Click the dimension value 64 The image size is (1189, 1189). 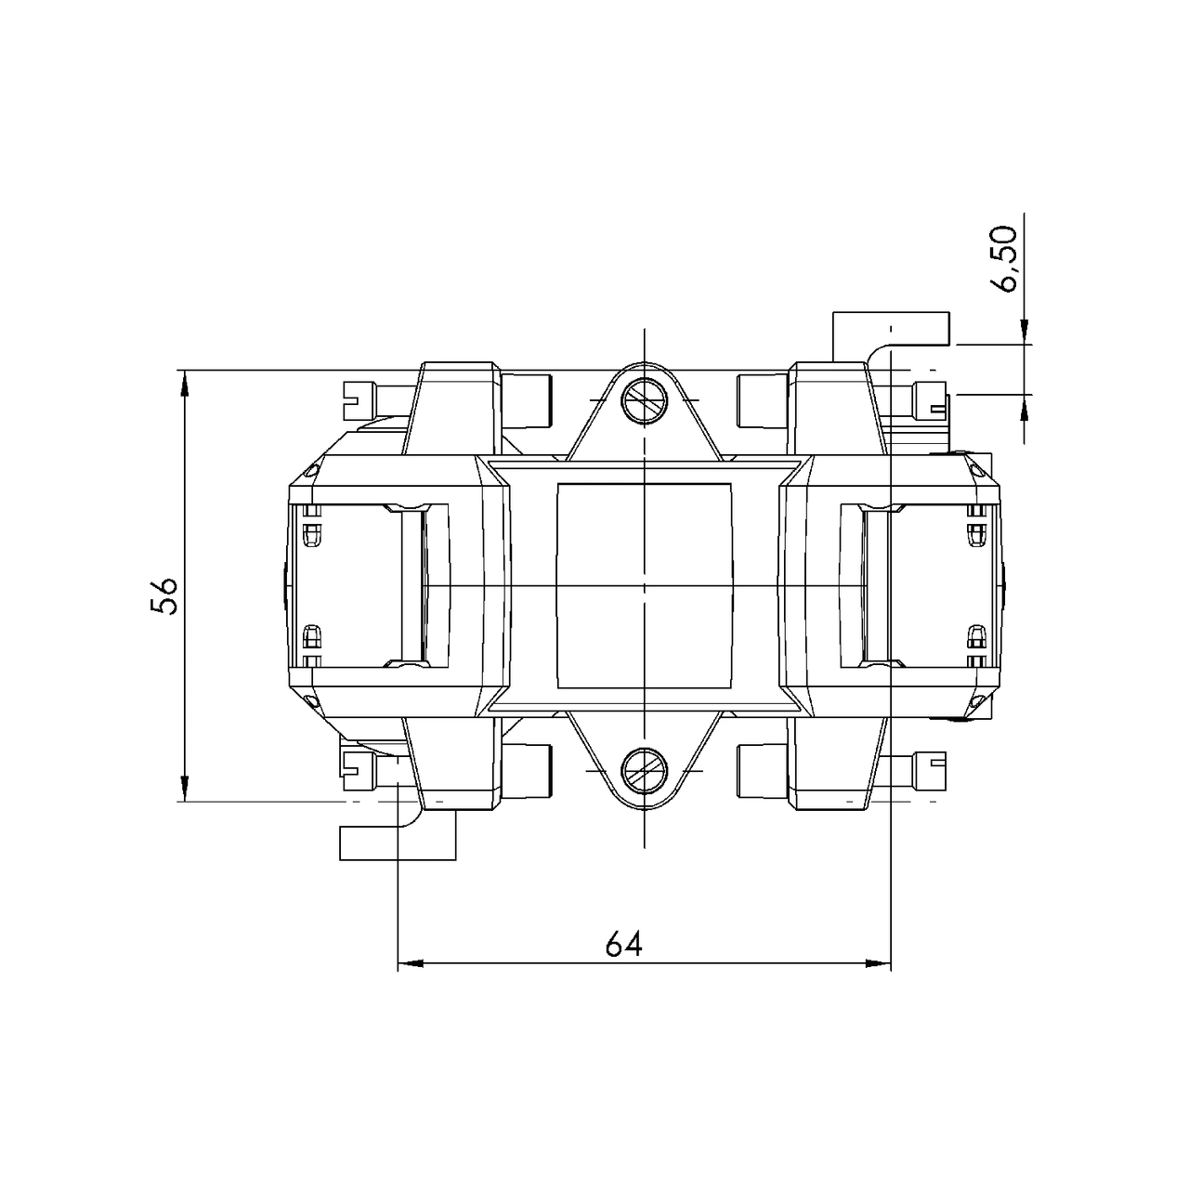point(623,944)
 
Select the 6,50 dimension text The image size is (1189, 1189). point(1005,258)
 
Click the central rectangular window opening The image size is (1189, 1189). point(643,585)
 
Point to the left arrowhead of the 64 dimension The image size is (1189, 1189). point(410,963)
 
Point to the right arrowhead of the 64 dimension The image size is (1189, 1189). point(879,963)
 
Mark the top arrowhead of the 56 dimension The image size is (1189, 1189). point(185,382)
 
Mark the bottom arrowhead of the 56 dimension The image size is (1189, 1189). point(185,789)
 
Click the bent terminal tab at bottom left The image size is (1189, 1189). point(398,840)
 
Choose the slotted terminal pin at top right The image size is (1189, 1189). point(930,400)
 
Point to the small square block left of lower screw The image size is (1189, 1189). point(529,771)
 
